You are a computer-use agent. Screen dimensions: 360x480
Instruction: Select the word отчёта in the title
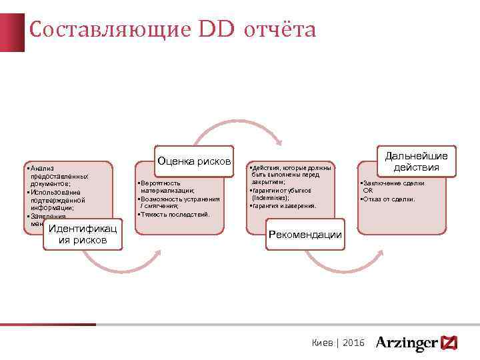[281, 30]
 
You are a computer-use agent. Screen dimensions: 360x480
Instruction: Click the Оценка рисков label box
[194, 161]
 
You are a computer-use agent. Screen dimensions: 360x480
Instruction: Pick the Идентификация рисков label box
[83, 234]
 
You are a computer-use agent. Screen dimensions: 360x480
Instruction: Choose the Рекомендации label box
[305, 234]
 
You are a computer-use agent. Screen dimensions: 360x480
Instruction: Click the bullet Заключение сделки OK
[393, 186]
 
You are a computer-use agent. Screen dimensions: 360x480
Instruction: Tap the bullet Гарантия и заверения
[283, 205]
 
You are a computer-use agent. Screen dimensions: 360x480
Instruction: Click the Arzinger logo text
[406, 343]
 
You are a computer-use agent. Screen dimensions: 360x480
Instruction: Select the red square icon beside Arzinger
[449, 343]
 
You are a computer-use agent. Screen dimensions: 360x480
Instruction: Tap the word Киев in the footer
[323, 343]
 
